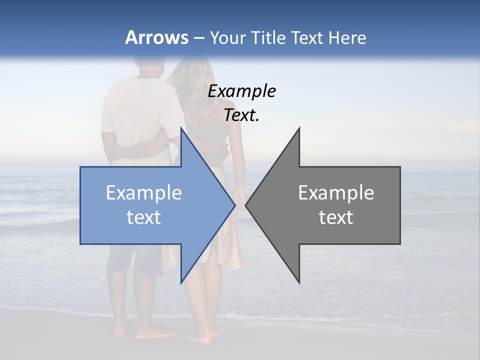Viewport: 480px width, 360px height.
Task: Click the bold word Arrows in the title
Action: point(156,37)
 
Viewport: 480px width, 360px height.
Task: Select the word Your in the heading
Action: point(228,38)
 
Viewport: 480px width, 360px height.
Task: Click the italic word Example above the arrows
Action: point(241,91)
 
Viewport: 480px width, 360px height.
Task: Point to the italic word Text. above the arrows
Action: point(241,115)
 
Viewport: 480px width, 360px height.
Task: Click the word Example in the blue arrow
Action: point(144,193)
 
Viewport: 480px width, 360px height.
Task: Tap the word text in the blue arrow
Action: point(144,217)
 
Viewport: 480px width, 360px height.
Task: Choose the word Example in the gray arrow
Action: point(336,193)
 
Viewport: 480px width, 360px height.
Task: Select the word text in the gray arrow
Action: point(336,217)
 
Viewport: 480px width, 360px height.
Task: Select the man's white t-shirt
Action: point(132,115)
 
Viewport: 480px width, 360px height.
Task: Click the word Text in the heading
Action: point(304,38)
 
